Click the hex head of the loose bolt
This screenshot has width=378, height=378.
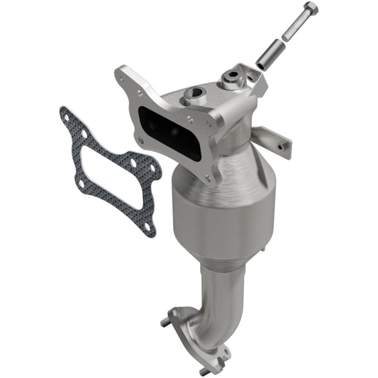pyautogui.click(x=310, y=10)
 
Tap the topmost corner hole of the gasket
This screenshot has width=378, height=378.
pyautogui.click(x=66, y=113)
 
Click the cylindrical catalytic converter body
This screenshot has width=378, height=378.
pyautogui.click(x=220, y=213)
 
